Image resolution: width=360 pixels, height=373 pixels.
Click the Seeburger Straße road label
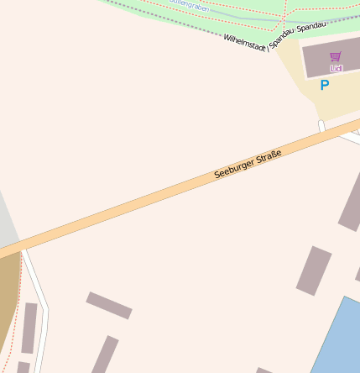[x=247, y=163]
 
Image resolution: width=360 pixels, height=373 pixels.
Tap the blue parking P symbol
[x=325, y=85]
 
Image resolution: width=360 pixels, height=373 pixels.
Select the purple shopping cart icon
[x=336, y=56]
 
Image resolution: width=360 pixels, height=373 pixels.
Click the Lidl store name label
[x=337, y=68]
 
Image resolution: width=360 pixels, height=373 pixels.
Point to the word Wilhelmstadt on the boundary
[x=245, y=44]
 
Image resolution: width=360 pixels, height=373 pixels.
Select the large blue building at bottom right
[x=339, y=340]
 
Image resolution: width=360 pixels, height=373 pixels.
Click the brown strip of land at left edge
[x=8, y=294]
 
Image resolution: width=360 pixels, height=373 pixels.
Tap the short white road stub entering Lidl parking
[x=321, y=127]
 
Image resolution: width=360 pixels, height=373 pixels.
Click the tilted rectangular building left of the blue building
[x=314, y=271]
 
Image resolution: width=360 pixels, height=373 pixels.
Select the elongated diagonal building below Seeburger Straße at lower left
[x=109, y=305]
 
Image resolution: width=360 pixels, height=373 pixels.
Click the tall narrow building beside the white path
[x=29, y=328]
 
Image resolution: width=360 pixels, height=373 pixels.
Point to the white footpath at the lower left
[x=40, y=302]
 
